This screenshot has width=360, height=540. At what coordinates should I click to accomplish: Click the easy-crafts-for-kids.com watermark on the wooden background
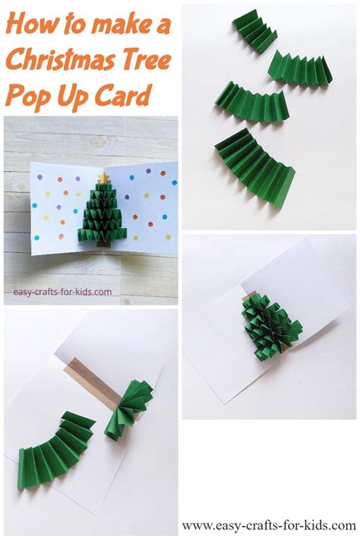click(x=62, y=291)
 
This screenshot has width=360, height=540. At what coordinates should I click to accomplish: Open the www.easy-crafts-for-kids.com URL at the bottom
click(x=268, y=525)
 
